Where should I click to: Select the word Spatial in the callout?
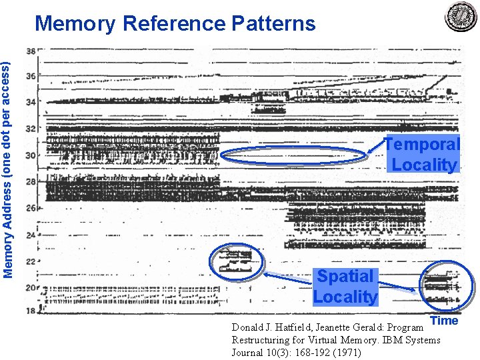[345, 276]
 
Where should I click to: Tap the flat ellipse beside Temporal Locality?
[293, 156]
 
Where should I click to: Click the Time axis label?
[445, 321]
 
